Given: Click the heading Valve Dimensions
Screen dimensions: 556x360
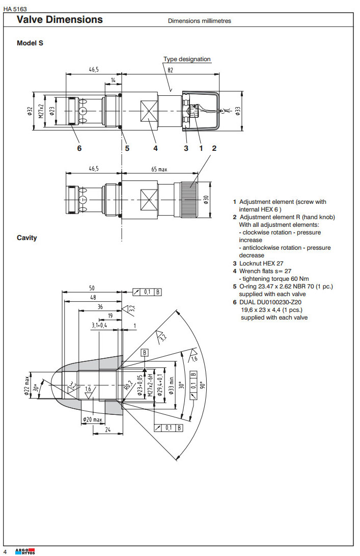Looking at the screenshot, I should click(60, 20).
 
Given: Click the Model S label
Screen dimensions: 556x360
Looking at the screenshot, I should click(30, 43).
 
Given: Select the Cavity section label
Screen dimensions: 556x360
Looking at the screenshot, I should click(27, 237).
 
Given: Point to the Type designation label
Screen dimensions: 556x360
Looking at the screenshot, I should click(187, 59).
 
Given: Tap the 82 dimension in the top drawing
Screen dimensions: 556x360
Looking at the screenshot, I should click(171, 70).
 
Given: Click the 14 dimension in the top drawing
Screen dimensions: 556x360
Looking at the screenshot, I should click(113, 81).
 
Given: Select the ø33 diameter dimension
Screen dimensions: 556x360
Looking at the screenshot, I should click(238, 111).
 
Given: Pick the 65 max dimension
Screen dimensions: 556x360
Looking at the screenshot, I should click(159, 169).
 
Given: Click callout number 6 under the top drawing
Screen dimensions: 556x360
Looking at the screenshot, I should click(79, 148).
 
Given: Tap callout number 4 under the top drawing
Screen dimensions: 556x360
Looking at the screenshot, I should click(155, 148).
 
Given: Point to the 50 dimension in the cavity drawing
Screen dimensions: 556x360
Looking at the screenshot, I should click(92, 288).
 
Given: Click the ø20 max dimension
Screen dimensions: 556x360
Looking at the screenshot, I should click(93, 420).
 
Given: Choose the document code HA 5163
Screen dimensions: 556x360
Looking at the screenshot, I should click(15, 9).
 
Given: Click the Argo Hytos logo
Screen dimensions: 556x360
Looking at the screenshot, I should click(25, 551).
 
